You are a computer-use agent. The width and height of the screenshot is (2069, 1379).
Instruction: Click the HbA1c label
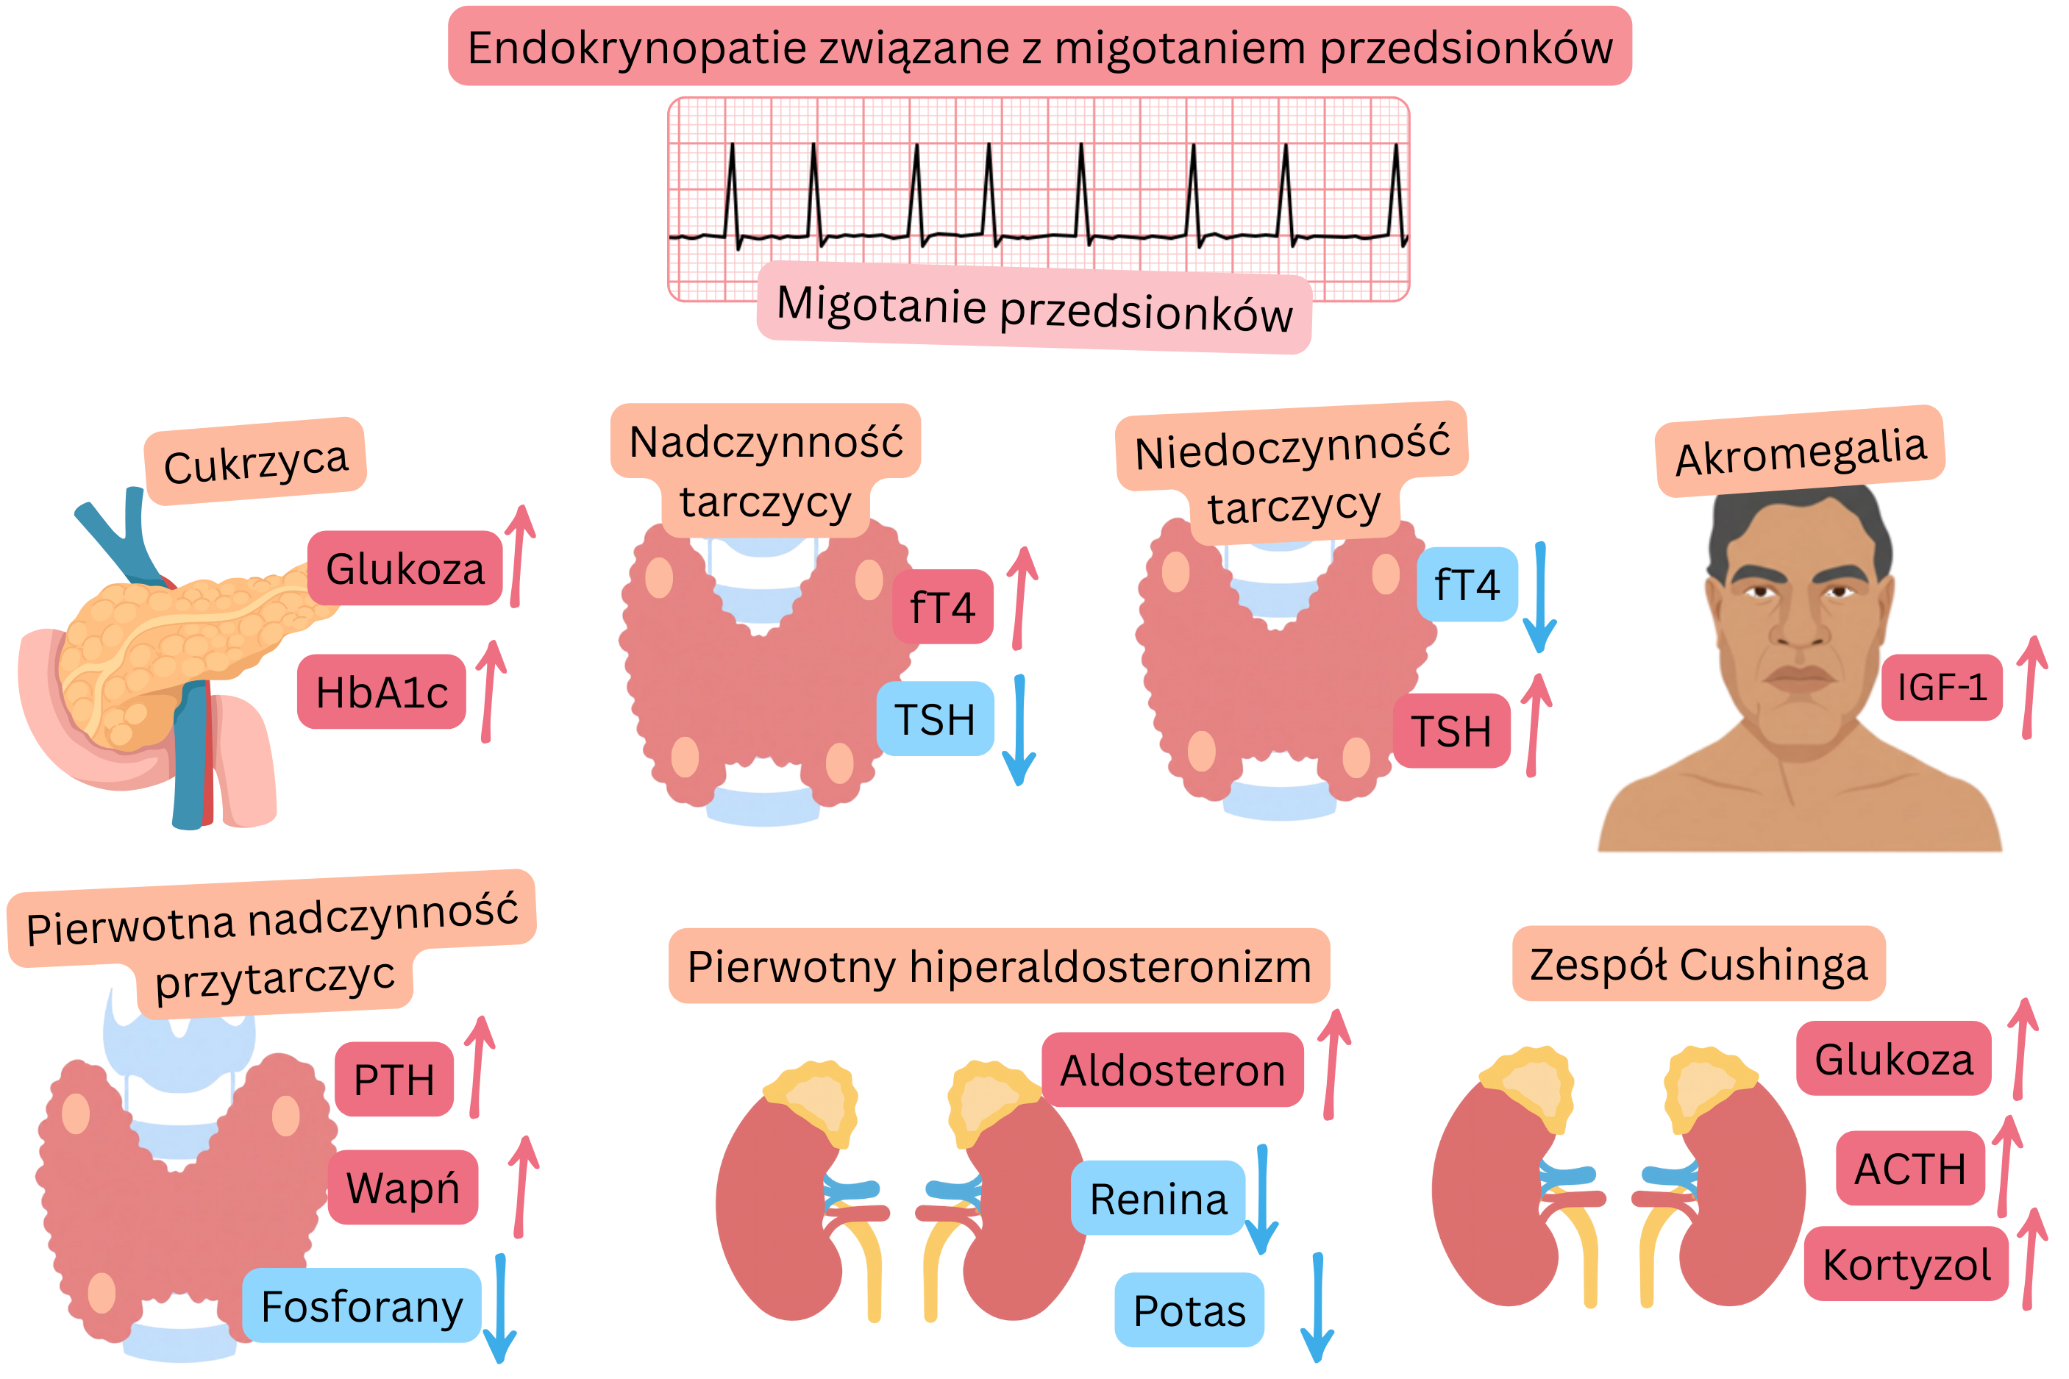click(381, 691)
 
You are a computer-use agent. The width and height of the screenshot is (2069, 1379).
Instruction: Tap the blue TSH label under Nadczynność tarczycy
click(935, 719)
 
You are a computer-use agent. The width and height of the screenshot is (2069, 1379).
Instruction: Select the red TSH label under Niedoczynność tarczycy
click(1451, 731)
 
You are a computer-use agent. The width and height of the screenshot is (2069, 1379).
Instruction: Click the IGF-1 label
click(1942, 687)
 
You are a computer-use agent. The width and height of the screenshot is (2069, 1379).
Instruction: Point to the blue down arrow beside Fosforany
click(500, 1308)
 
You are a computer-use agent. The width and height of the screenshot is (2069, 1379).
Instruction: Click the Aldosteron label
click(1172, 1070)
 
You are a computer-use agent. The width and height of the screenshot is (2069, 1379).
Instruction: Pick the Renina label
click(1157, 1198)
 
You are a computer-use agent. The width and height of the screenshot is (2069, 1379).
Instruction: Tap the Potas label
click(1189, 1311)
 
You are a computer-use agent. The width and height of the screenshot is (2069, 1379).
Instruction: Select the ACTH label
click(1909, 1168)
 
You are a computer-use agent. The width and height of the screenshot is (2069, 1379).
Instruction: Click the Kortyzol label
click(1906, 1264)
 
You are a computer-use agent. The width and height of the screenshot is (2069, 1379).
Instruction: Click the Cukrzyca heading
click(256, 462)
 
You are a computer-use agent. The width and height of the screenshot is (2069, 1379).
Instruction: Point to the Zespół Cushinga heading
click(1698, 964)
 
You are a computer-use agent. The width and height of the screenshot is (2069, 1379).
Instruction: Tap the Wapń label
click(403, 1187)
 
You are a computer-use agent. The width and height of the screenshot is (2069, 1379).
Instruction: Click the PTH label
click(394, 1079)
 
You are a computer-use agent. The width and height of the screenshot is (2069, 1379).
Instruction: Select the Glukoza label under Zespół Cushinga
click(1893, 1058)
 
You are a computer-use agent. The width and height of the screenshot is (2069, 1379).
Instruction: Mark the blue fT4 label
click(1467, 585)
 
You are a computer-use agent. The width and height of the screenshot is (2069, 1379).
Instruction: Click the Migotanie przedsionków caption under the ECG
click(1034, 308)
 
